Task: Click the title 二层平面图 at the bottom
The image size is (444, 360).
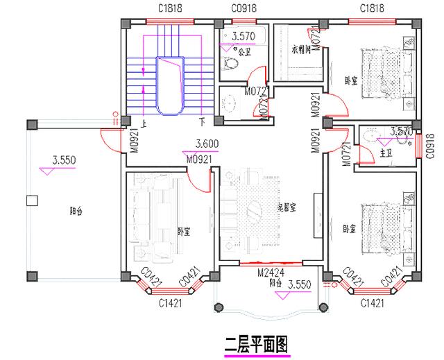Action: (x=256, y=343)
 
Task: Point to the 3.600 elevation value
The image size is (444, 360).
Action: (x=208, y=144)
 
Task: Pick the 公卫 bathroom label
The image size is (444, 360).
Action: (x=244, y=51)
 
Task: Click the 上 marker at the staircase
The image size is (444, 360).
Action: (x=144, y=123)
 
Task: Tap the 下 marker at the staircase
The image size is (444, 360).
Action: (x=202, y=123)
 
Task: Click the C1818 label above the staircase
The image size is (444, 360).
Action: (x=168, y=8)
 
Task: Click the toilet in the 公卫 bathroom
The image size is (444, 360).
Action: (x=231, y=64)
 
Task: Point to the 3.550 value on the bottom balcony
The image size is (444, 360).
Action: (x=299, y=285)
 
